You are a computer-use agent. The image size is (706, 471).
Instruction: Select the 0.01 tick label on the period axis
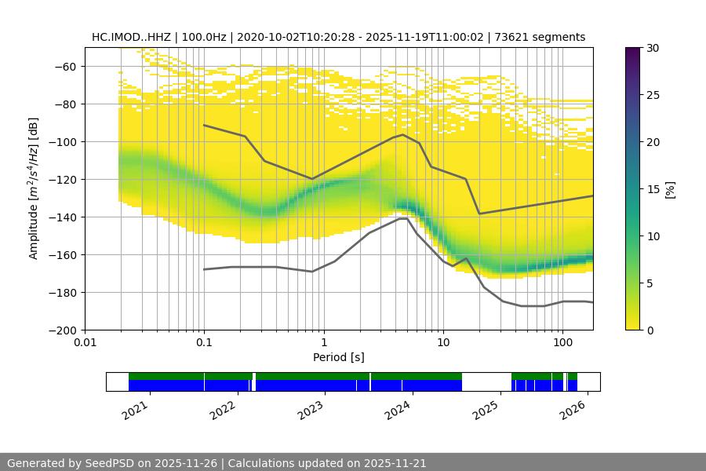(85, 343)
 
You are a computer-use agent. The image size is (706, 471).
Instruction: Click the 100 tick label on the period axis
(562, 343)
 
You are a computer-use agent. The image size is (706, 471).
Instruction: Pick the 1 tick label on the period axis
(323, 343)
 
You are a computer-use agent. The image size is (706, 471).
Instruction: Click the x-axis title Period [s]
(339, 358)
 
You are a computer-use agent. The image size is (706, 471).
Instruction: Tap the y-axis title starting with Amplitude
(33, 188)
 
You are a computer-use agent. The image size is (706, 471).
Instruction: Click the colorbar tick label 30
(653, 48)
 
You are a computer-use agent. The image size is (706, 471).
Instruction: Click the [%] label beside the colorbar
(669, 189)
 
